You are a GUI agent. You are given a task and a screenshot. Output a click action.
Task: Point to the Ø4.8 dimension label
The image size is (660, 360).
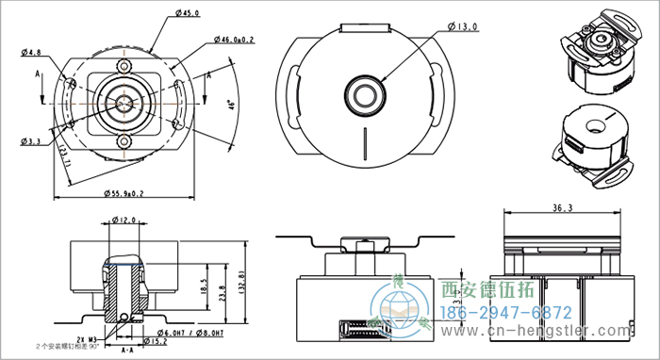point(30,52)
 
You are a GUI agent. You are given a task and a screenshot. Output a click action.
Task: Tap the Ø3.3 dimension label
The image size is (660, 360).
point(30,141)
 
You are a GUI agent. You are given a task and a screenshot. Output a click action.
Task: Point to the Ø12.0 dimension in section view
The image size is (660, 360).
point(124,221)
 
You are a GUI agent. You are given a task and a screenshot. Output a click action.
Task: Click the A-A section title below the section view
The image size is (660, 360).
point(124,350)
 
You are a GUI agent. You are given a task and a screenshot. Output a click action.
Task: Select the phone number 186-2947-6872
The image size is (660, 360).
point(505,312)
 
